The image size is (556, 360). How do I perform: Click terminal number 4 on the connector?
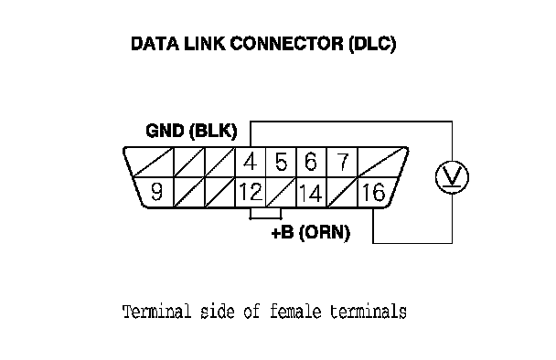(x=251, y=162)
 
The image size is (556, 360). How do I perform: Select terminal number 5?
(x=281, y=162)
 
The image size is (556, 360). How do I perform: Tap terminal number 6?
(x=311, y=162)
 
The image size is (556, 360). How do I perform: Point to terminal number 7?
(x=343, y=162)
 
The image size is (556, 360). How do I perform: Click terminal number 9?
(x=156, y=192)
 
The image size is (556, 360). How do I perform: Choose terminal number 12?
(x=251, y=192)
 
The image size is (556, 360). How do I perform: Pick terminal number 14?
(x=311, y=193)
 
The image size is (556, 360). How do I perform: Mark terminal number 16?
(x=373, y=193)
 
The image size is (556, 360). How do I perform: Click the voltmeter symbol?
(x=452, y=177)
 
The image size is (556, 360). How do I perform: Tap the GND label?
(x=166, y=131)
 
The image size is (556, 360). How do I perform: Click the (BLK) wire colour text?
(x=213, y=131)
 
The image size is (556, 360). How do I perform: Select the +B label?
(x=283, y=233)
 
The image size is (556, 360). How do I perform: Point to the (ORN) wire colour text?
(x=325, y=233)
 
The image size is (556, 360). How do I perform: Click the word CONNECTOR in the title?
(x=287, y=44)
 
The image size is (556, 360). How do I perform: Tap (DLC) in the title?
(x=372, y=44)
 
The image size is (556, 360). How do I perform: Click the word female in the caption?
(x=295, y=312)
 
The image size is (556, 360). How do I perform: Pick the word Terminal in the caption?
(x=157, y=312)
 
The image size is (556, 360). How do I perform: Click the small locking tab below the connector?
(x=265, y=213)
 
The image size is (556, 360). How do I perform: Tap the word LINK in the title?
(x=204, y=44)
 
